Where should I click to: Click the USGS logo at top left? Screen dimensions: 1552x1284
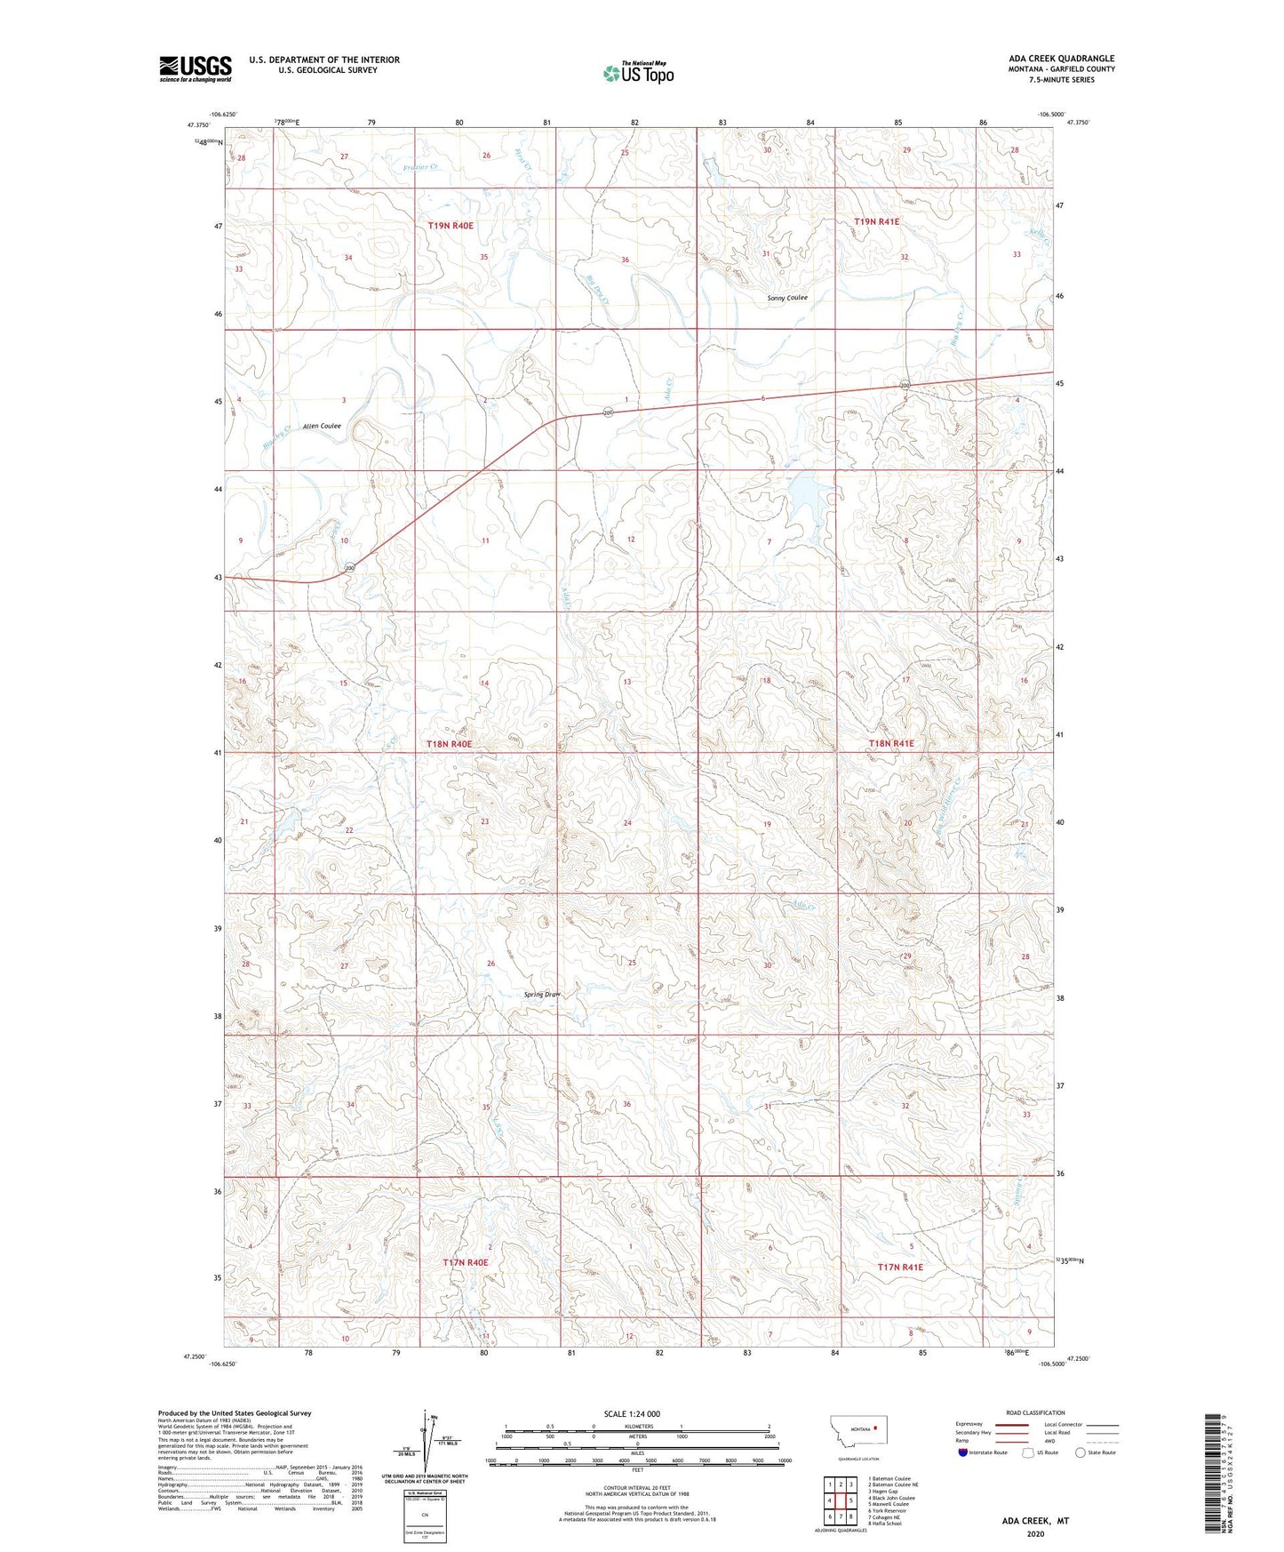195,68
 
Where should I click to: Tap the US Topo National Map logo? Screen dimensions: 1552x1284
637,73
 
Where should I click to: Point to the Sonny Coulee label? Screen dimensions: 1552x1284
787,298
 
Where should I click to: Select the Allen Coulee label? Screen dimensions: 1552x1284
322,426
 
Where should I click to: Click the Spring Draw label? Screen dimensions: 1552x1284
541,994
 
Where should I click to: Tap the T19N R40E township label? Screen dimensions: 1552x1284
451,226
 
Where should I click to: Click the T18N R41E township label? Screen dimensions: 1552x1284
891,743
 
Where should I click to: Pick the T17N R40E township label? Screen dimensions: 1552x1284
466,1262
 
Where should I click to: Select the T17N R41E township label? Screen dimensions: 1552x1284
900,1267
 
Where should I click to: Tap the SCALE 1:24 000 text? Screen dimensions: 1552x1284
632,1413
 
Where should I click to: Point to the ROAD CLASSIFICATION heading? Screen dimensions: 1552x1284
1035,1412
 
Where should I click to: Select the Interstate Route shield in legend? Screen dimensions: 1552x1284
965,1452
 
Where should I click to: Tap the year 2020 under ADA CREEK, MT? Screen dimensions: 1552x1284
1035,1533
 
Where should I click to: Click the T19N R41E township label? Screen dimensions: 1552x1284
877,221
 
